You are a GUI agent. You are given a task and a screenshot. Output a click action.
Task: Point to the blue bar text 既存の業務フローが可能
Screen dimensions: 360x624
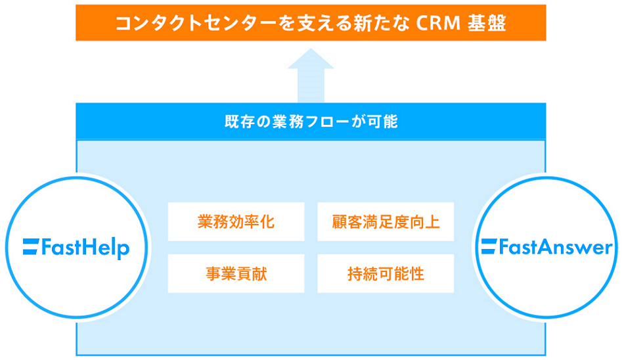pos(311,122)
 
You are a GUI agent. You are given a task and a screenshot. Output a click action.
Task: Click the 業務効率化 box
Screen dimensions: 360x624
pos(236,221)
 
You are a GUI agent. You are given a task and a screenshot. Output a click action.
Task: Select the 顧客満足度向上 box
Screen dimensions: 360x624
pos(386,221)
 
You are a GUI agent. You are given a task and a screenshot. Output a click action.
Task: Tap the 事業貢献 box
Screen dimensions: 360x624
pos(236,273)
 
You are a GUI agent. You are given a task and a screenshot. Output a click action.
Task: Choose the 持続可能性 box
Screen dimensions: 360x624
pos(386,273)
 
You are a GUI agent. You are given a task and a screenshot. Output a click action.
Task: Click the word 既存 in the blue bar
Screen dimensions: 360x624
pos(236,122)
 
